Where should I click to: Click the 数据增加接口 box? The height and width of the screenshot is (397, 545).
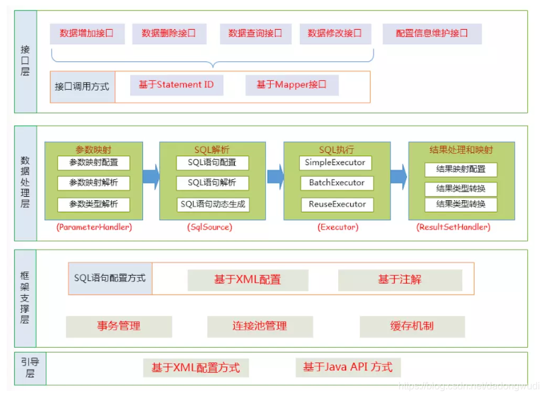[86, 34]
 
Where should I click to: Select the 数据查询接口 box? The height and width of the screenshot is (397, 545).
[255, 34]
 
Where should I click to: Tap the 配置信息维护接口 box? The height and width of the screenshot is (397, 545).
[432, 34]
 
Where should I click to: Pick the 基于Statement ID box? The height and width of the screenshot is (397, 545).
[176, 85]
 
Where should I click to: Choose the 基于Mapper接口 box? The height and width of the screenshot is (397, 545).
[291, 85]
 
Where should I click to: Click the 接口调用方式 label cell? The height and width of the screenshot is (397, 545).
[82, 87]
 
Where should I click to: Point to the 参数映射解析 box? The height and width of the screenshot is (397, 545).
[94, 183]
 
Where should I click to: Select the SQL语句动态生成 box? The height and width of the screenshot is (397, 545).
[213, 205]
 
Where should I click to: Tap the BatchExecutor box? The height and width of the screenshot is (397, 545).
[336, 183]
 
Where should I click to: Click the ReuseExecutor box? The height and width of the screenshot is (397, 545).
[336, 205]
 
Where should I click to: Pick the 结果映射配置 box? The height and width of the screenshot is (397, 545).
[461, 169]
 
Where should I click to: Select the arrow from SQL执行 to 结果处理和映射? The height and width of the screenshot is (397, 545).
[398, 176]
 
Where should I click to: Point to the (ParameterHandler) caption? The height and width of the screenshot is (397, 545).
[94, 227]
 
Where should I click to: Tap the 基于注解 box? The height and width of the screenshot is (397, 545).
[400, 280]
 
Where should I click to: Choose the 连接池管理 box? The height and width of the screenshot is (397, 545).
[260, 327]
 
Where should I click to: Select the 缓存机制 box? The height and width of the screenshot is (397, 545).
[412, 327]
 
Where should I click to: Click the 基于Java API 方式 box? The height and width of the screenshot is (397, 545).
[348, 367]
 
